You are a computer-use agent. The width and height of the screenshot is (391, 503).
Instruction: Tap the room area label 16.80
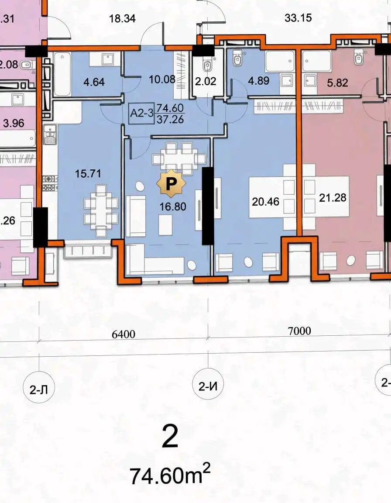pos(173,207)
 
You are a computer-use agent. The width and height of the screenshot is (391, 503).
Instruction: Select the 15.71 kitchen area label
pos(88,173)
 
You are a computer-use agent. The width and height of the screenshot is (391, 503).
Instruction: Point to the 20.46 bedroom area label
pos(265,201)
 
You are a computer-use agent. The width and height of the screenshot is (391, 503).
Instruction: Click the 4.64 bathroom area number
pos(94,82)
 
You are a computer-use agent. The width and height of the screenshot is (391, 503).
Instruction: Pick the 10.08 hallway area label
pos(162,79)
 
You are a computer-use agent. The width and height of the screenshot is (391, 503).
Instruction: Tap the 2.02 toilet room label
pos(206,81)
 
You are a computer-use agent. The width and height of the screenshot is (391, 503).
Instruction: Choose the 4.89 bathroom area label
pos(259,80)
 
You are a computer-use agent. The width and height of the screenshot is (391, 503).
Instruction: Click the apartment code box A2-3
pos(142,113)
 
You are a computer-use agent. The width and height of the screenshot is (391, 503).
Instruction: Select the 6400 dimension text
pos(123,334)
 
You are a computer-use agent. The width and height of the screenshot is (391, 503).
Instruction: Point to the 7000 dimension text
pos(299,331)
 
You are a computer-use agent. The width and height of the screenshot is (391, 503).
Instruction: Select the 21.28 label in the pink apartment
pos(333,197)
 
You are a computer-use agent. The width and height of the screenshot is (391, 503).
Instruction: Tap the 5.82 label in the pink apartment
pos(337,83)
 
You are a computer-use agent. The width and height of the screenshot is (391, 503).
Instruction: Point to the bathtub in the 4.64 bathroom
pos(62,74)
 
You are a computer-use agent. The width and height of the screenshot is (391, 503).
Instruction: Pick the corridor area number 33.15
pos(298,17)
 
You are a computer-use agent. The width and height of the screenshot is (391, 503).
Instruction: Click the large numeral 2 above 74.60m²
pos(170,437)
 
